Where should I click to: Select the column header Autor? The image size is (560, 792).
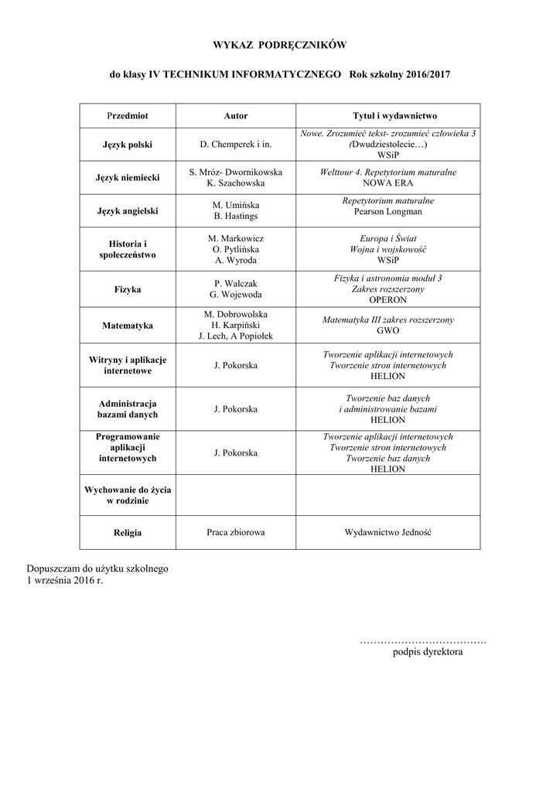[x=236, y=115]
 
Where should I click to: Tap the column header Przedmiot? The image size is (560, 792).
[x=128, y=115]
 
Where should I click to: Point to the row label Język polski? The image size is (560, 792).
[x=128, y=145]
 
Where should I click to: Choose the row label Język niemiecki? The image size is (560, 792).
[x=128, y=178]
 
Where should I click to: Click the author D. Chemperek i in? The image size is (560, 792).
[x=236, y=145]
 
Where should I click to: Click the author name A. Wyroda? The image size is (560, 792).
[x=236, y=261]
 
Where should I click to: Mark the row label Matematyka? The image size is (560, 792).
[x=128, y=326]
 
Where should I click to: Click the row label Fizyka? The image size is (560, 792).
[x=128, y=288]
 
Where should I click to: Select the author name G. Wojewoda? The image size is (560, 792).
[x=236, y=294]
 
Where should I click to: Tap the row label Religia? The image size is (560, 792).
[x=128, y=532]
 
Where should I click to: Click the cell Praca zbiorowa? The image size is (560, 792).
[x=236, y=532]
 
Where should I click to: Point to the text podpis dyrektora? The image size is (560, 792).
[x=428, y=653]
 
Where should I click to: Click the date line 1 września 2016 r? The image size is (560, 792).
[x=65, y=580]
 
